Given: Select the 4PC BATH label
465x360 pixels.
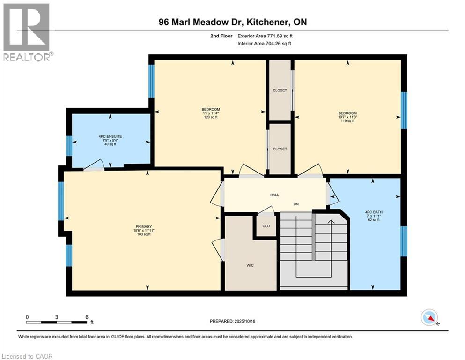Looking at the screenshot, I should [373, 212].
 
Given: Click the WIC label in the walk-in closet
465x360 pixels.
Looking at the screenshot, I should [251, 265].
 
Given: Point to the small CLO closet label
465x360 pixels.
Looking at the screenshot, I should [266, 226].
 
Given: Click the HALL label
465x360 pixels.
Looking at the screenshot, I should [274, 195].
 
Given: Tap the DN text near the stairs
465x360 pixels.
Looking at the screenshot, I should [296, 204].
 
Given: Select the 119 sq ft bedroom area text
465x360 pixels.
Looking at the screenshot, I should [347, 121].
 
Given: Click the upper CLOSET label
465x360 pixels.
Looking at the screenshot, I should [280, 90].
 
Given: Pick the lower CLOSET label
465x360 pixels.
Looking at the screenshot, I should [280, 149].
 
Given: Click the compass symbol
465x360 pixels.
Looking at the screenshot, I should [429, 318].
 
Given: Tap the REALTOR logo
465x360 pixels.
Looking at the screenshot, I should [27, 32].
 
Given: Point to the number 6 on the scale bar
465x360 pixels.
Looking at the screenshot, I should [87, 317].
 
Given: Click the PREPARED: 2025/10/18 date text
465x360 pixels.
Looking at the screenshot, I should [232, 321].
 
